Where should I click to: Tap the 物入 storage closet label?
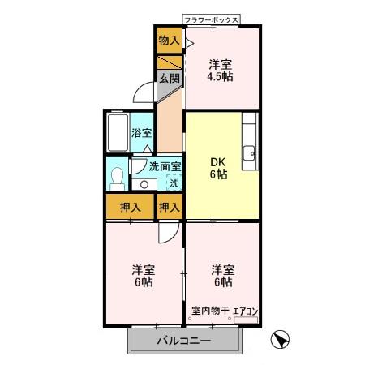pos(169,39)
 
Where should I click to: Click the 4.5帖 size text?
pos(221,78)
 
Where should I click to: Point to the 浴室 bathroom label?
pos(142,132)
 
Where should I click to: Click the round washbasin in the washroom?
pos(144,183)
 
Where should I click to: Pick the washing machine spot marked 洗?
pos(173,182)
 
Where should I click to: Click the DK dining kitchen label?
pos(218,161)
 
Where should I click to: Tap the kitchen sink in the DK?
pos(250,151)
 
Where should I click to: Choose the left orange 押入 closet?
pos(130,207)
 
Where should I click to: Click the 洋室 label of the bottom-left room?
pos(144,268)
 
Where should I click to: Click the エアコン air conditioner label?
pos(245,310)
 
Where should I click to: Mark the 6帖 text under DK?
pos(218,174)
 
